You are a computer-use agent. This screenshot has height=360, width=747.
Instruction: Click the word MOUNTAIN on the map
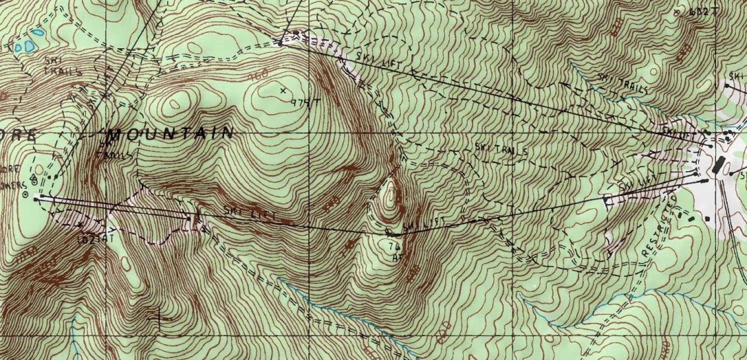tap(170, 133)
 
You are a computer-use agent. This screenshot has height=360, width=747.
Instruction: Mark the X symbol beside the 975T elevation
tap(284, 89)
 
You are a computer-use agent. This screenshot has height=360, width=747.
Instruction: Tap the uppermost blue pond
tap(38, 31)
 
